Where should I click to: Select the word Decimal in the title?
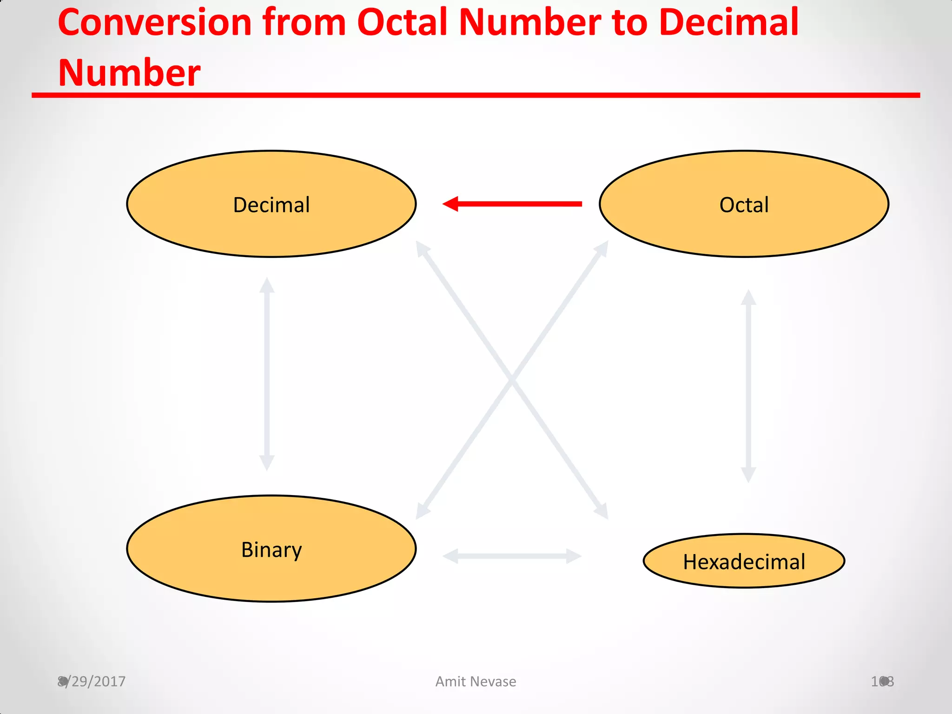pyautogui.click(x=728, y=23)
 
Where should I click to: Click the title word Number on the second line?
pyautogui.click(x=129, y=73)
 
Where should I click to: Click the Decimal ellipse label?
pyautogui.click(x=271, y=205)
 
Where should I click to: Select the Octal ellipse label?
pyautogui.click(x=744, y=205)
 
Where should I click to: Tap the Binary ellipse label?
pyautogui.click(x=271, y=550)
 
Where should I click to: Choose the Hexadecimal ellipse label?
pyautogui.click(x=744, y=562)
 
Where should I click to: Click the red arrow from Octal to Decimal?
pyautogui.click(x=516, y=204)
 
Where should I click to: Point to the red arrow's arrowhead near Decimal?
pyautogui.click(x=450, y=204)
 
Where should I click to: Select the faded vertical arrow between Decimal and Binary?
pyautogui.click(x=267, y=374)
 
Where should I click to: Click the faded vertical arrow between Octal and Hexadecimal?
pyautogui.click(x=748, y=386)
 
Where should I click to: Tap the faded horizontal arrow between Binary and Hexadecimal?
pyautogui.click(x=512, y=556)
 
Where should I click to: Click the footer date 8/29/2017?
pyautogui.click(x=92, y=681)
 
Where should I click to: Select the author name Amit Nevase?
pyautogui.click(x=476, y=681)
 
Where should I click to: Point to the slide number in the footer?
pyautogui.click(x=882, y=681)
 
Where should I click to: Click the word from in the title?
pyautogui.click(x=304, y=23)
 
